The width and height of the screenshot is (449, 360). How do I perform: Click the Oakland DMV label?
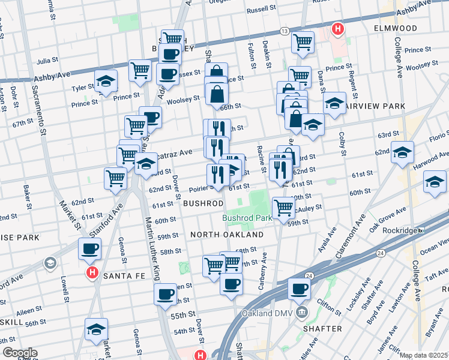pos(267,314)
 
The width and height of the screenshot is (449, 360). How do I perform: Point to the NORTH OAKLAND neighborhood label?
pos(227,235)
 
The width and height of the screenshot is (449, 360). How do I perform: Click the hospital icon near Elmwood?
pos(338,28)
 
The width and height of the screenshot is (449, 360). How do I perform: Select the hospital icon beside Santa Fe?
pos(92,273)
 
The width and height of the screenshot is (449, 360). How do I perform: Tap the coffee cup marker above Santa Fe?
pos(89,249)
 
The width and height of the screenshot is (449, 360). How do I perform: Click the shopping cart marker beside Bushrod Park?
pos(284,208)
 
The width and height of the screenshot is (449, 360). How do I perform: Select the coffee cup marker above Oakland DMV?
pos(298,289)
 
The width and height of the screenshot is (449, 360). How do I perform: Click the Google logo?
pos(20,353)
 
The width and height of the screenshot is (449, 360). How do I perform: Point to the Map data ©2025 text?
pos(424,355)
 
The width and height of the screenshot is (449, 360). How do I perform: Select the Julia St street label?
pos(46,61)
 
